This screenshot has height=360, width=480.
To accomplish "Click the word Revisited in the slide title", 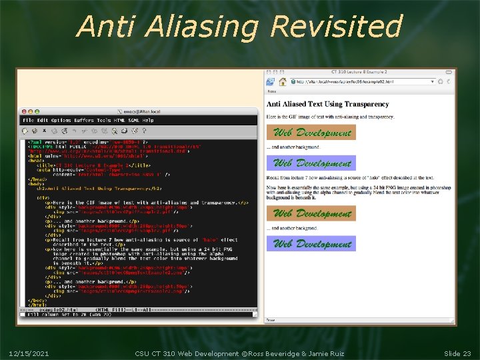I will (337, 26).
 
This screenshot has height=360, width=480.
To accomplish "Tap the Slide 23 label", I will (457, 353).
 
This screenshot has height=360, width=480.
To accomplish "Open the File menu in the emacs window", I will (28, 120).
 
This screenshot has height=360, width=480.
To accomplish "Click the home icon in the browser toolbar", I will (283, 81).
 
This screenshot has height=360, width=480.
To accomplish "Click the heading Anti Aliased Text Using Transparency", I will (328, 104).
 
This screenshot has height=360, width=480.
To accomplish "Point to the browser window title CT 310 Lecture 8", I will (360, 72).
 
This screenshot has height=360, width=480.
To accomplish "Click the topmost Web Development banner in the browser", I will (311, 132).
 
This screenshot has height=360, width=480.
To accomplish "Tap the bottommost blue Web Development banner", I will (311, 243).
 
